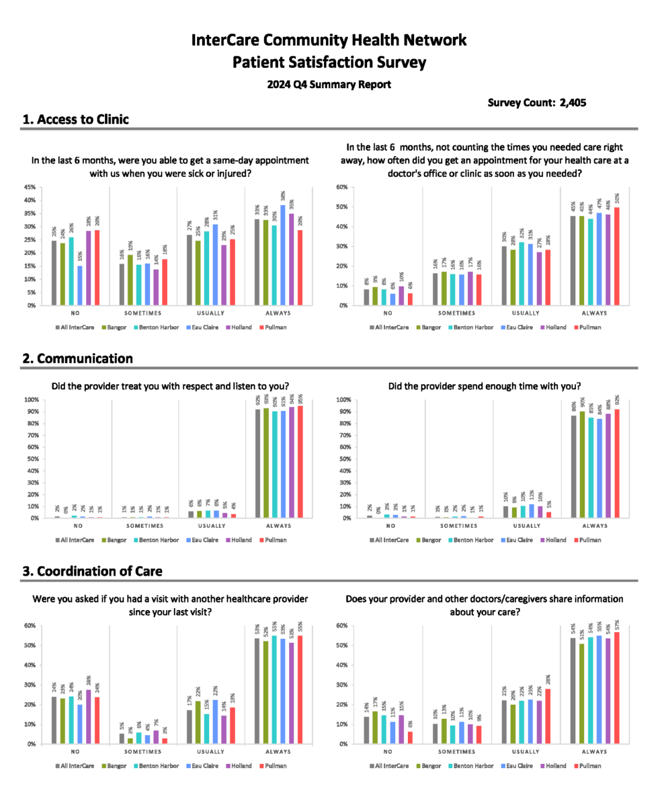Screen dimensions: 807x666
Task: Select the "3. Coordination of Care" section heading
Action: coord(92,571)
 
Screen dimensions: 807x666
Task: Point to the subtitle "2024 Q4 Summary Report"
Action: coord(329,85)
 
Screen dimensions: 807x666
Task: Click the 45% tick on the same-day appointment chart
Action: coord(30,187)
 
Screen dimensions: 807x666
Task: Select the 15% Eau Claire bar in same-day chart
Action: coord(81,285)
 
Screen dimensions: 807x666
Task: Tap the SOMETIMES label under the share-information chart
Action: coord(458,752)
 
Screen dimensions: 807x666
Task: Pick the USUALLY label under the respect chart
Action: coord(212,526)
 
